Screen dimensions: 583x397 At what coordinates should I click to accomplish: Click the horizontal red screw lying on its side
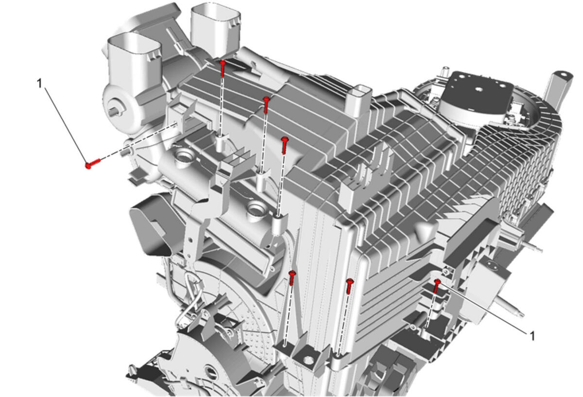93,163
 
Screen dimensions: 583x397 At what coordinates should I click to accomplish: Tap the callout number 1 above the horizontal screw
39,84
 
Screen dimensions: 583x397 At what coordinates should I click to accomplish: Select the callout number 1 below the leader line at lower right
532,336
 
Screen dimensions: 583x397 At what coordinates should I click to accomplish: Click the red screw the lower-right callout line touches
436,286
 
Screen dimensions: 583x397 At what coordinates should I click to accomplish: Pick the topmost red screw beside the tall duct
223,69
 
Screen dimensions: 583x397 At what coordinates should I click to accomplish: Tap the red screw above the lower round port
285,145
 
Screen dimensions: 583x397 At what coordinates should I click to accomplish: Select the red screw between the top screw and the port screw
266,105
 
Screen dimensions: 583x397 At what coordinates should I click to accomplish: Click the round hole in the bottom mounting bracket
308,360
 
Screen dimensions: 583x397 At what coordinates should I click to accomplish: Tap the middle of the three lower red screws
350,286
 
